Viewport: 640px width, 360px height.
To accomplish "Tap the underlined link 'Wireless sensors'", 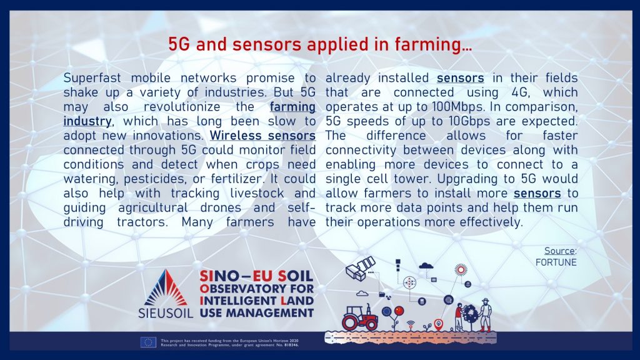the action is click(262, 136).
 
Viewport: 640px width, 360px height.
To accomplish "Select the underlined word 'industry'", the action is click(87, 122).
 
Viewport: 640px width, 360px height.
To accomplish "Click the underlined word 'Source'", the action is click(559, 251).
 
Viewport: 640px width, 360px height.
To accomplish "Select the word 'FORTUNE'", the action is click(556, 262).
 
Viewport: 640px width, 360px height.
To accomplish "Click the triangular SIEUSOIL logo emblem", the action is click(165, 287).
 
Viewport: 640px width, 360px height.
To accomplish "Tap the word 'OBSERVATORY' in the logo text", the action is click(244, 289).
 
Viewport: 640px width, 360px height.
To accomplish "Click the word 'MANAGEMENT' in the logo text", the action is click(270, 313).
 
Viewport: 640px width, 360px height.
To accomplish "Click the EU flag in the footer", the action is click(148, 342).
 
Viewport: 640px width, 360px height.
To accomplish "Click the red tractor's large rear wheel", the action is click(350, 323).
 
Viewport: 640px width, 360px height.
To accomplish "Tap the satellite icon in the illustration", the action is click(360, 268).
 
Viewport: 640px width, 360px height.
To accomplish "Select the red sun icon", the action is click(461, 269).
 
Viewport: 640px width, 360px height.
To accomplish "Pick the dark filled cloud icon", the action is click(426, 266).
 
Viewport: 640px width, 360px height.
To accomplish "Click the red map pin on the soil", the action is click(438, 324).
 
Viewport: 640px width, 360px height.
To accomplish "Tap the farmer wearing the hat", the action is click(485, 315).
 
